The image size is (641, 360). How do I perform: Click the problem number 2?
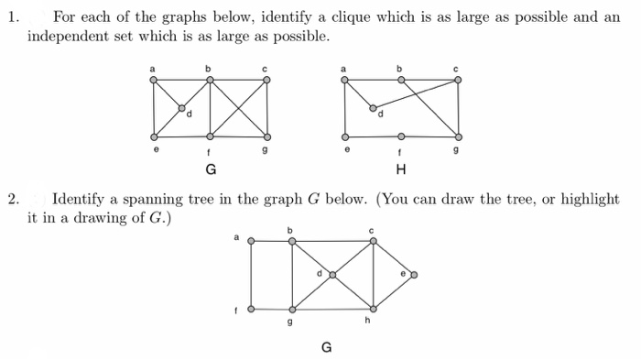tap(13, 198)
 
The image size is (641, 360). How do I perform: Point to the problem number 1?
tap(12, 17)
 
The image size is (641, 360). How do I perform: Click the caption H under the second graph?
tap(400, 169)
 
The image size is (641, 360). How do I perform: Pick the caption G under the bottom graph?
tap(326, 347)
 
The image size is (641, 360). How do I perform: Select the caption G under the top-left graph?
tap(211, 169)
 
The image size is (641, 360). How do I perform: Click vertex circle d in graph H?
tap(373, 108)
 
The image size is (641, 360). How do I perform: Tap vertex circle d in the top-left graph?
tap(181, 107)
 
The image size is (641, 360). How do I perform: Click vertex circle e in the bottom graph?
tap(414, 274)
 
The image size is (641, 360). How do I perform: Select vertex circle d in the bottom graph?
tap(332, 274)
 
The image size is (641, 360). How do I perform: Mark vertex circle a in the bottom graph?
tap(250, 242)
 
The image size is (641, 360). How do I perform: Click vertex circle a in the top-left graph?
tap(153, 80)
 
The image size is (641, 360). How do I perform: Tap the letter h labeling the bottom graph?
tap(366, 321)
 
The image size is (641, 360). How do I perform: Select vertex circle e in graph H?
tap(344, 136)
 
